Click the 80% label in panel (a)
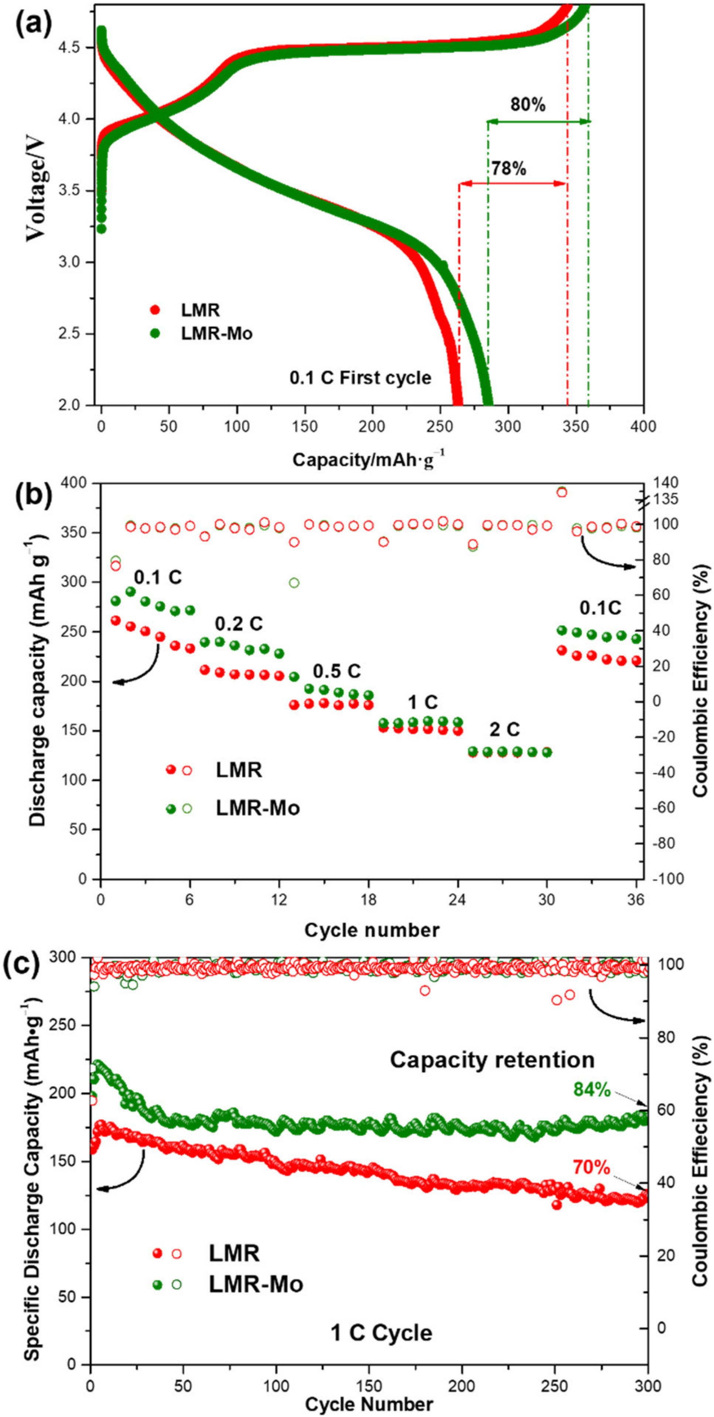pyautogui.click(x=527, y=105)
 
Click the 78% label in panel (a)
pyautogui.click(x=508, y=169)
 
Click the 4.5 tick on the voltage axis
pyautogui.click(x=77, y=48)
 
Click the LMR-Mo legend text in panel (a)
pyautogui.click(x=217, y=334)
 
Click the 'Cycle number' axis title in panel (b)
pyautogui.click(x=372, y=930)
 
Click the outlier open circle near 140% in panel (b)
pyautogui.click(x=561, y=491)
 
